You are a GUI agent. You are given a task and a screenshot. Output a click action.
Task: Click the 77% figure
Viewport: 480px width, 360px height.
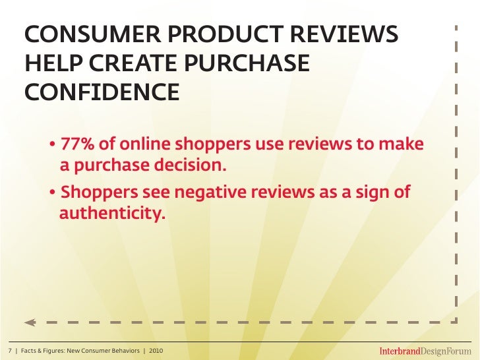click(x=78, y=144)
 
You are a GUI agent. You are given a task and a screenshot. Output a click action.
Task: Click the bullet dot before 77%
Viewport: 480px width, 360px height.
click(x=52, y=145)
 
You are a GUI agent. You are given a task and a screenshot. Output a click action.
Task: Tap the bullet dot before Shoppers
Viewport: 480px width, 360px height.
click(x=52, y=193)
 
